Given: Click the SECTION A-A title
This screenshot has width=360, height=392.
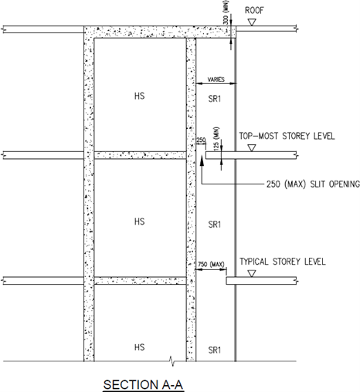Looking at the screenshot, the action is pyautogui.click(x=143, y=385).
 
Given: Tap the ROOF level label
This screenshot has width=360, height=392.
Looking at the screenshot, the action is pyautogui.click(x=254, y=11).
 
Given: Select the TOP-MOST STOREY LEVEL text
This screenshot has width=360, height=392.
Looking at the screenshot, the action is pyautogui.click(x=287, y=136).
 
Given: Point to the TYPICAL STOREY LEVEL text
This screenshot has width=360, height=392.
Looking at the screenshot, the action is pyautogui.click(x=283, y=262).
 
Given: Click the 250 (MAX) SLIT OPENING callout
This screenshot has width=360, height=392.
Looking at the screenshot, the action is pyautogui.click(x=313, y=184).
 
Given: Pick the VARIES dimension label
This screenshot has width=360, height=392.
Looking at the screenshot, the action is pyautogui.click(x=216, y=79).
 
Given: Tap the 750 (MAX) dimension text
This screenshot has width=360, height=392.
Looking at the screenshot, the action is pyautogui.click(x=211, y=264).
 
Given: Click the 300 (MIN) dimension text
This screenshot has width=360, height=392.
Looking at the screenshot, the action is pyautogui.click(x=226, y=15).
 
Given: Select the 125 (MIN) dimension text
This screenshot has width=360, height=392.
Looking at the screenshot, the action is pyautogui.click(x=216, y=138).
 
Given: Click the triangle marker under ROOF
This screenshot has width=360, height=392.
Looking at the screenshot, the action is pyautogui.click(x=252, y=22).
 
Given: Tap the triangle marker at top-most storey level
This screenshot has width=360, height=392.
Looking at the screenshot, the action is pyautogui.click(x=252, y=148).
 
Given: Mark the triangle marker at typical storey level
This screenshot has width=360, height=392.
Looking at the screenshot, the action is pyautogui.click(x=252, y=273).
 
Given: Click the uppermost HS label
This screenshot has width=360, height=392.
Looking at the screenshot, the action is pyautogui.click(x=139, y=96).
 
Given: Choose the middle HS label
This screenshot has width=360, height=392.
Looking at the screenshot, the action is pyautogui.click(x=139, y=221).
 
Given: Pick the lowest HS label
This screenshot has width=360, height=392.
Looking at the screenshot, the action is pyautogui.click(x=139, y=347).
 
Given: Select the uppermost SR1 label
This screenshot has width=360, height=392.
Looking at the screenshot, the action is pyautogui.click(x=215, y=99).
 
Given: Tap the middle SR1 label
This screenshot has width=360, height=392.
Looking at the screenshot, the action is pyautogui.click(x=215, y=225).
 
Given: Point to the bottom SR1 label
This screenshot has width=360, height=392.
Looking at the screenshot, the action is pyautogui.click(x=215, y=350).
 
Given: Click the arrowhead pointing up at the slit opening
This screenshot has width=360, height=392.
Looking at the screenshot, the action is pyautogui.click(x=202, y=160).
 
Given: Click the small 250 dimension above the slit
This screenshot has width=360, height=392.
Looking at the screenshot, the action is pyautogui.click(x=201, y=140).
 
